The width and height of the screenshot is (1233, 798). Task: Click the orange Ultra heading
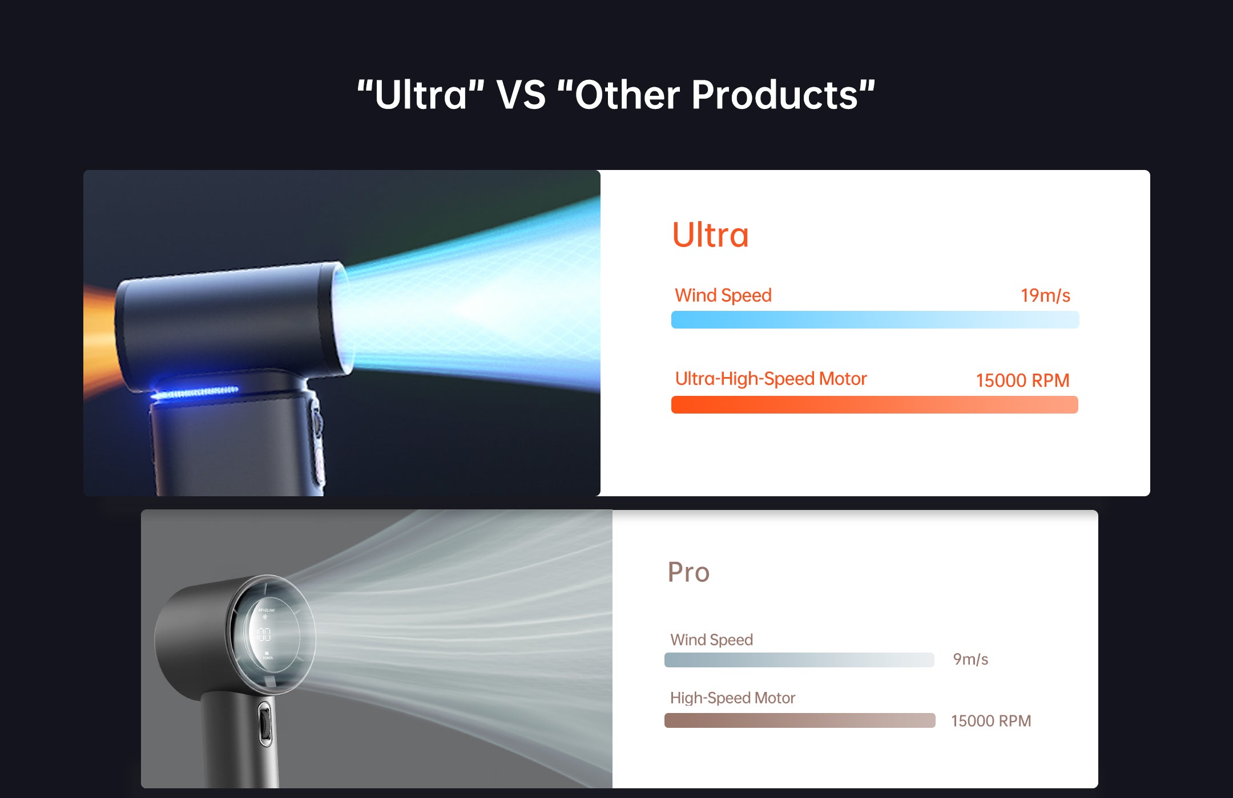[x=710, y=235]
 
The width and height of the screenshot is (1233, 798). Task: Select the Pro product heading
[x=688, y=572]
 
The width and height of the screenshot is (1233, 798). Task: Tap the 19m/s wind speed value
[x=1045, y=295]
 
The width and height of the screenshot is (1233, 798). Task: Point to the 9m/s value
[x=970, y=659]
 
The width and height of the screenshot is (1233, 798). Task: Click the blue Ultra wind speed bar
[x=875, y=320]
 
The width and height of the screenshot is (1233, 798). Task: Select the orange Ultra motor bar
[x=875, y=404]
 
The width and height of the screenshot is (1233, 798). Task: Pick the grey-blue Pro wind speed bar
[x=799, y=660]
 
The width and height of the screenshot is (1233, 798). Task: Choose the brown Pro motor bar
[x=799, y=720]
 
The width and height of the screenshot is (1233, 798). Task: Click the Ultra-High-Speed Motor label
[x=771, y=379]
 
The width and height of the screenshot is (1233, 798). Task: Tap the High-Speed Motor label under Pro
[x=732, y=698]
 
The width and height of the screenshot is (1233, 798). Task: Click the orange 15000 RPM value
[x=1022, y=380]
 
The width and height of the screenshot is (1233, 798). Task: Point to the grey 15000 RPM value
[x=991, y=721]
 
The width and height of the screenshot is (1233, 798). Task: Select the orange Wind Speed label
[x=723, y=295]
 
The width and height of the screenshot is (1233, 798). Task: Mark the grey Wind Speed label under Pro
[x=711, y=639]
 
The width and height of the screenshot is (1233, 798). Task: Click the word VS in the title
[x=521, y=95]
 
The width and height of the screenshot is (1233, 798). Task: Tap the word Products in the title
[x=775, y=95]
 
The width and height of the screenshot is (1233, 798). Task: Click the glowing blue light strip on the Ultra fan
[x=195, y=392]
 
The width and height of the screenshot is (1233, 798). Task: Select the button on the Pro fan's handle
[x=264, y=723]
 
